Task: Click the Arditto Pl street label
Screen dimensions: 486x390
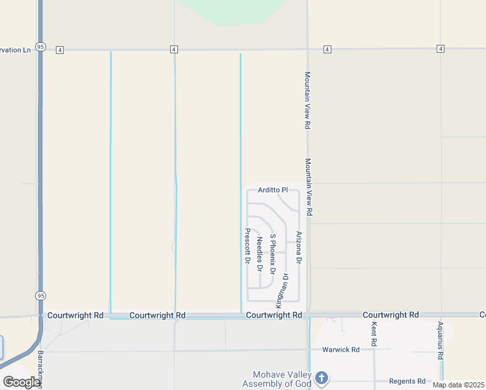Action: tap(273, 190)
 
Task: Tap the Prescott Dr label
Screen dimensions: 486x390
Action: tap(247, 246)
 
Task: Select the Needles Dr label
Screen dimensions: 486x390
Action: tap(259, 253)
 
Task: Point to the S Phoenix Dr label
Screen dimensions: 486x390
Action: tap(273, 253)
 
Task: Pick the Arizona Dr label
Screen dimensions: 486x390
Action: tap(299, 248)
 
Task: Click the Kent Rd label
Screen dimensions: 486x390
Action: tap(374, 333)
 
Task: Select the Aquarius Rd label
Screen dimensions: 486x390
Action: tap(440, 341)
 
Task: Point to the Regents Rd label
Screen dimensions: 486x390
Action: tap(407, 381)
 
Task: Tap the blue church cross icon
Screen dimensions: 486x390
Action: tap(321, 378)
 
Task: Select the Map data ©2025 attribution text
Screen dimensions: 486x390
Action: tap(458, 385)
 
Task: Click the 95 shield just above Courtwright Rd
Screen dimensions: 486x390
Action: tap(40, 295)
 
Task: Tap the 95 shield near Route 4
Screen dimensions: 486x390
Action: tap(40, 47)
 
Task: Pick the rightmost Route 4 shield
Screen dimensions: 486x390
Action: tap(441, 49)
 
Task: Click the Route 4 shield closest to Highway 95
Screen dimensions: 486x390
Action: tap(59, 49)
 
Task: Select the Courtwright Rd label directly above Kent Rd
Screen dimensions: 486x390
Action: tap(390, 315)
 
